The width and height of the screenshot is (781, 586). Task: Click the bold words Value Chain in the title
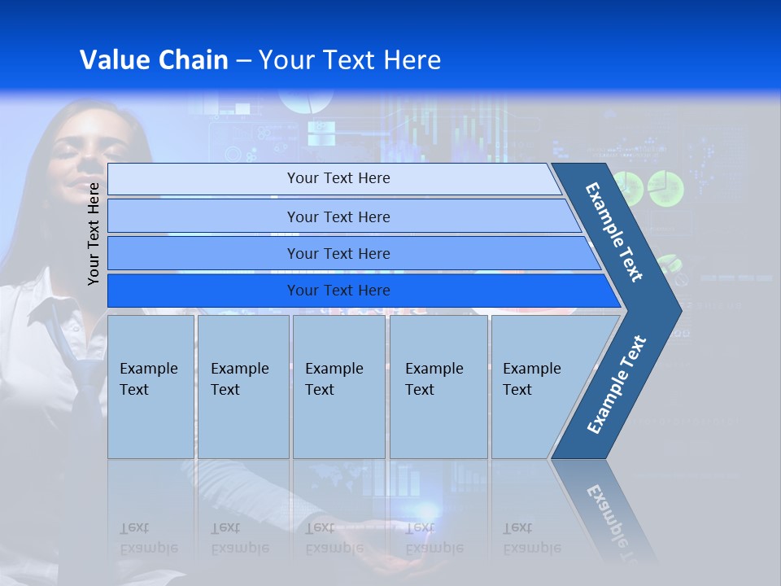coord(154,60)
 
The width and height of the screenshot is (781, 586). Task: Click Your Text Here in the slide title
coord(350,60)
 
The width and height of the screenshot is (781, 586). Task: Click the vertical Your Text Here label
coord(94,234)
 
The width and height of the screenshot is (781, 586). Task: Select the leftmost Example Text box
coord(151,387)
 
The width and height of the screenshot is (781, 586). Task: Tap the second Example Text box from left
coord(242,387)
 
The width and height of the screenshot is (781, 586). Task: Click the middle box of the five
coord(338,387)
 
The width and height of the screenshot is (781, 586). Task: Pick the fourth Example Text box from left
coord(438,387)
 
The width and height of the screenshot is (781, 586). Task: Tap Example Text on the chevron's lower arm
coord(617,384)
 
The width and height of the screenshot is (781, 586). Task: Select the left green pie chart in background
coord(627,188)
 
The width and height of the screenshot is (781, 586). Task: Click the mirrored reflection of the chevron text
coord(610,521)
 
